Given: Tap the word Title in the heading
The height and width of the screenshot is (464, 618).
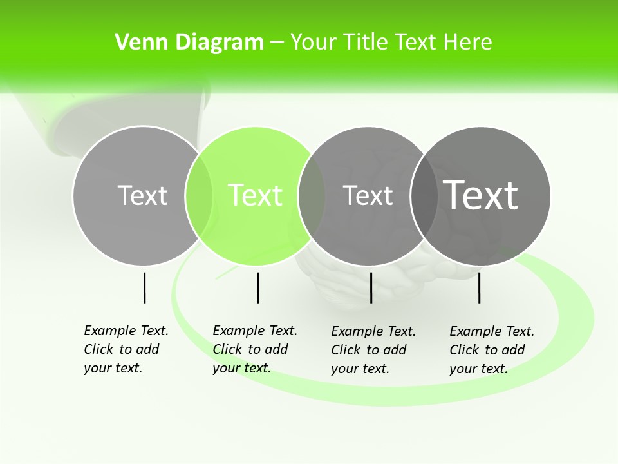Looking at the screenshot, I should (364, 43).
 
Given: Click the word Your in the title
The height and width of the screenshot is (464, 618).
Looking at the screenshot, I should (314, 43).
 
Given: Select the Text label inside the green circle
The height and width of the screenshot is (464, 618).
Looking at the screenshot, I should (255, 195).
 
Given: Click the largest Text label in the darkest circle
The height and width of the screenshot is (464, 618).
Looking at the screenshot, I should (480, 195).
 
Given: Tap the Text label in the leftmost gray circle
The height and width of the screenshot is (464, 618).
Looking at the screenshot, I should (142, 195).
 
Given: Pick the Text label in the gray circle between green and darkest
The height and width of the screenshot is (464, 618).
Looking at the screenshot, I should (368, 195).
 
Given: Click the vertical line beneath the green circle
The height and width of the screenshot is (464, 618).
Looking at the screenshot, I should (257, 287).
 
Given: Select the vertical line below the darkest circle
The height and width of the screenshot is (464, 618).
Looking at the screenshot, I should (480, 287).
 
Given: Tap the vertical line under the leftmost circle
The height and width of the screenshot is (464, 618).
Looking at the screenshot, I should (144, 287).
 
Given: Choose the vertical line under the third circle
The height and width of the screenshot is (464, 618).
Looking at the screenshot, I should (371, 287).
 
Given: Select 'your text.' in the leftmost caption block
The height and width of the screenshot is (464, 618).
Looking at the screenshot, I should (113, 368).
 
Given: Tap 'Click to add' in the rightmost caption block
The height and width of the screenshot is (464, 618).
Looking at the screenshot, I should (487, 350).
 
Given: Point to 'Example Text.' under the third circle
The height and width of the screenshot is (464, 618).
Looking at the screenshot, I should (373, 331).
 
